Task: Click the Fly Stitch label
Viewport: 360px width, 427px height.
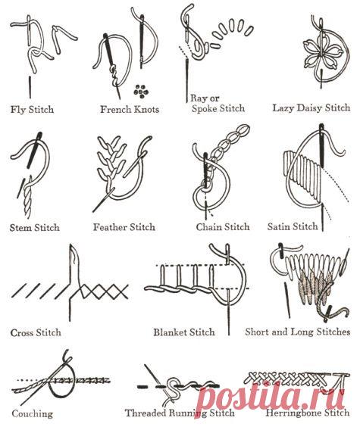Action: coord(32,110)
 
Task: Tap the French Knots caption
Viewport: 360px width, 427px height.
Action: coord(130,109)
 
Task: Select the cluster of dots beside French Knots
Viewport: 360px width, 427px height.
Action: coord(141,91)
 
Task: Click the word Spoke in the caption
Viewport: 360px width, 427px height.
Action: coord(205,108)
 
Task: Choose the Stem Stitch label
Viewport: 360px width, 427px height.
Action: coord(34,227)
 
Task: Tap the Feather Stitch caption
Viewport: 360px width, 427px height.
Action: coord(124,227)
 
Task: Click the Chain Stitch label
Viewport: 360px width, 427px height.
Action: coord(223,226)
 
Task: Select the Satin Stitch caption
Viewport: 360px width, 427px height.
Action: coord(293,226)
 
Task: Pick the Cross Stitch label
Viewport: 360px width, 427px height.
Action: coord(36,332)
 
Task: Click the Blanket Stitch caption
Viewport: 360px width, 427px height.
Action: coord(184,332)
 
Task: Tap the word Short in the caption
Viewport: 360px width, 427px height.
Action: coord(258,332)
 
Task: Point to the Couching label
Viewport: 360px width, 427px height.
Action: coord(32,413)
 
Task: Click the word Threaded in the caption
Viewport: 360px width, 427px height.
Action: coord(146,413)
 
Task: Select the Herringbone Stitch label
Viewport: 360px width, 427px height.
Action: coord(308,412)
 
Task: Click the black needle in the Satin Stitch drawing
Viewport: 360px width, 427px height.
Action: coord(321,145)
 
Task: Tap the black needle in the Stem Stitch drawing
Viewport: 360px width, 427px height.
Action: coord(34,149)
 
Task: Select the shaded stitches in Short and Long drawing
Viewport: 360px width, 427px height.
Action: coord(316,288)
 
